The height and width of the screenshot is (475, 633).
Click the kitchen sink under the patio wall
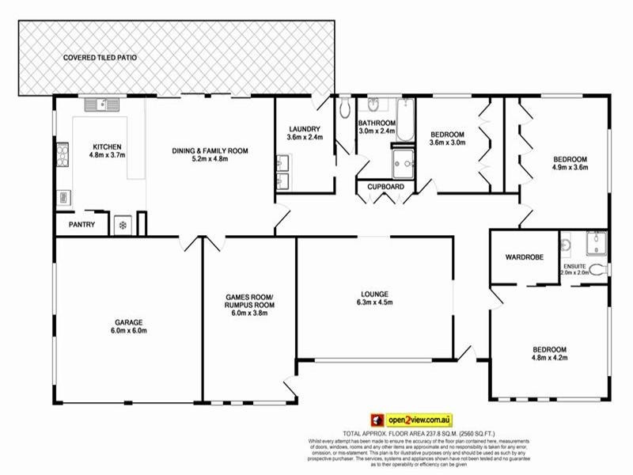(104, 104)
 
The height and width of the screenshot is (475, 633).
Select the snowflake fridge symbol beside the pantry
(123, 225)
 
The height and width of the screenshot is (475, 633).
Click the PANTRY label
(81, 225)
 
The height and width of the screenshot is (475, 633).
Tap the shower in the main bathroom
(403, 163)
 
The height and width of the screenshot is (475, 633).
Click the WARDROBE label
(522, 258)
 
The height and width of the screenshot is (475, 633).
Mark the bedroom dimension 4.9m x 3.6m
(570, 167)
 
